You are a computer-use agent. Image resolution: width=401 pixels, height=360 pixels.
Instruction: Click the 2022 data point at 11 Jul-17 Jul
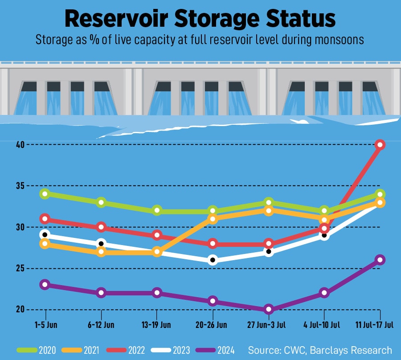tap(380, 144)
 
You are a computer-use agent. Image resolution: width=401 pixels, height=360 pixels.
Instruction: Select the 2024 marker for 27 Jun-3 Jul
tap(268, 309)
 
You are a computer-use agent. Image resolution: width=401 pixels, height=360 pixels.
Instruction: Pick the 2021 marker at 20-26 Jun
tap(213, 219)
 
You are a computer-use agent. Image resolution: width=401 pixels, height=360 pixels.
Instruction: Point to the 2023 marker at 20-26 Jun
tap(213, 260)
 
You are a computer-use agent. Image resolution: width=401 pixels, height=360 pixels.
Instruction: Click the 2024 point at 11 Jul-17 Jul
tap(380, 260)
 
